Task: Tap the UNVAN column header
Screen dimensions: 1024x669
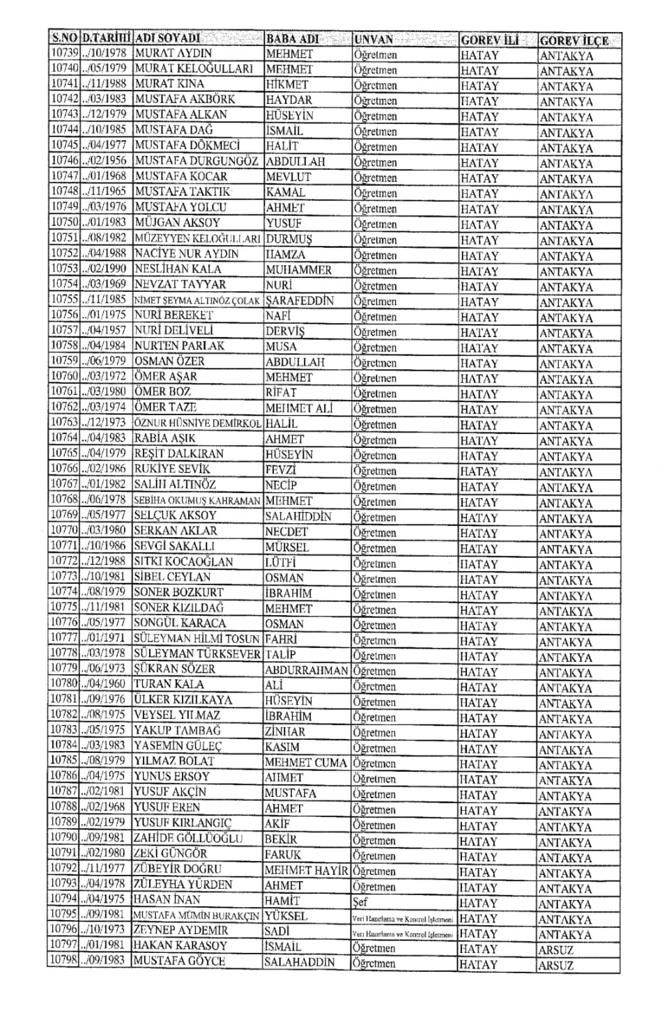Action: [x=374, y=40]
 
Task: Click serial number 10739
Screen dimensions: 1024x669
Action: [x=63, y=54]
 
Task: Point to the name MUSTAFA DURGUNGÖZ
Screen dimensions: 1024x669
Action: [x=197, y=161]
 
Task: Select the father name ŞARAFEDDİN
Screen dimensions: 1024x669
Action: [x=300, y=300]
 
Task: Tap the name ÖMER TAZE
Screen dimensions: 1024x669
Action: [x=165, y=408]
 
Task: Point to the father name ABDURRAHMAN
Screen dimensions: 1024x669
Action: [x=307, y=670]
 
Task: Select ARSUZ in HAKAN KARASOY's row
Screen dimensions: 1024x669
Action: [x=556, y=950]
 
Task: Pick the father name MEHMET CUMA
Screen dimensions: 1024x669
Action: [x=305, y=762]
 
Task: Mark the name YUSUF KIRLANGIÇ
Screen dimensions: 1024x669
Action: [x=182, y=823]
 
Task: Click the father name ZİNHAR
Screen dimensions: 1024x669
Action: [x=284, y=731]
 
